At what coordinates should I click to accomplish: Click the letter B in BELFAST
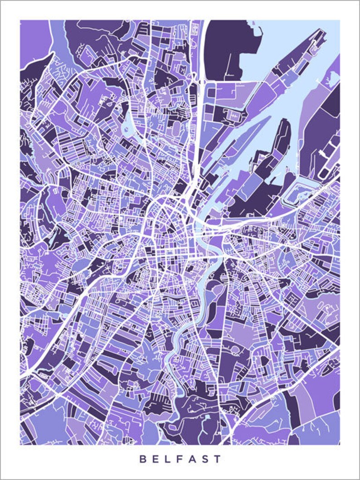(x=143, y=459)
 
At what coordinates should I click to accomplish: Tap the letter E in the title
(x=156, y=459)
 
